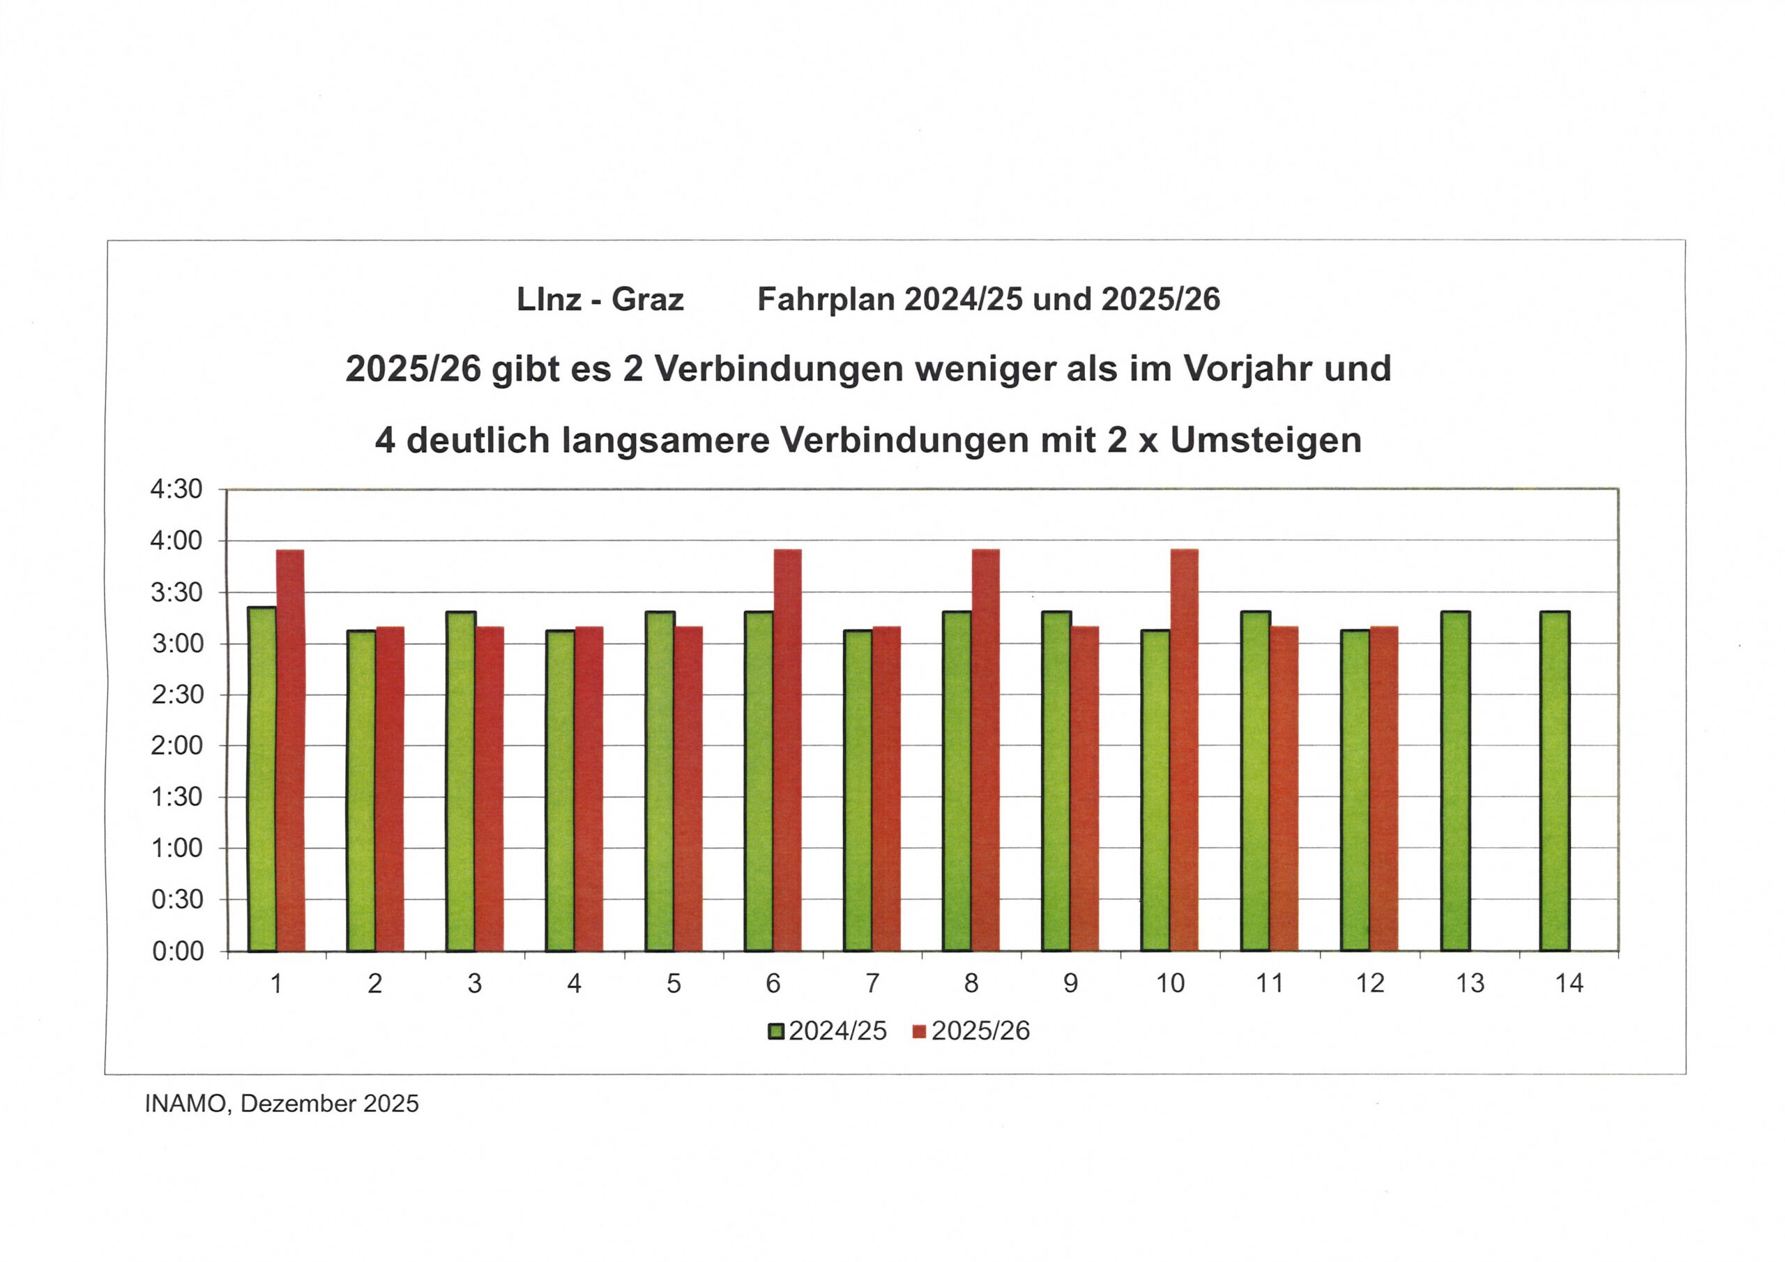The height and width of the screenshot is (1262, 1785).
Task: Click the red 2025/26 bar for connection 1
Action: (x=290, y=750)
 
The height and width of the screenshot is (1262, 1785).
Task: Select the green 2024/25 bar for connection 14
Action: (x=1554, y=781)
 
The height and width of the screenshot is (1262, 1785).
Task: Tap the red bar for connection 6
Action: (x=787, y=750)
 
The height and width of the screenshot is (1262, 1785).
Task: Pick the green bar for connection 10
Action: (x=1155, y=790)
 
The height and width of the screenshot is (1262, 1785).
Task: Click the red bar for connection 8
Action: (x=986, y=750)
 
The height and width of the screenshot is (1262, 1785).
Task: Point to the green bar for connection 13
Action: (x=1454, y=781)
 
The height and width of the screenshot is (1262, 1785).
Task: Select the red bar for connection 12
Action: (x=1384, y=789)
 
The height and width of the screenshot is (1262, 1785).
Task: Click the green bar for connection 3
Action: (x=460, y=781)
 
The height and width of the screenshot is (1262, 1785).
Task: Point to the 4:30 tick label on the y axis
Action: (x=176, y=489)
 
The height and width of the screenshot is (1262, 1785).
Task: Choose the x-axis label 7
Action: (x=872, y=984)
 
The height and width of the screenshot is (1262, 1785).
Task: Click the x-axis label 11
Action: (x=1270, y=984)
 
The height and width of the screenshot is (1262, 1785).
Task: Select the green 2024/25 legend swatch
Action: (x=776, y=1031)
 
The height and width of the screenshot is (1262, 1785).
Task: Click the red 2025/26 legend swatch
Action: (x=919, y=1031)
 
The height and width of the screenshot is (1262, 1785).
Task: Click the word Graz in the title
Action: (x=647, y=299)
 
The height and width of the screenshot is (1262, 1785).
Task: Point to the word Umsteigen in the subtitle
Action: (x=1266, y=441)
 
